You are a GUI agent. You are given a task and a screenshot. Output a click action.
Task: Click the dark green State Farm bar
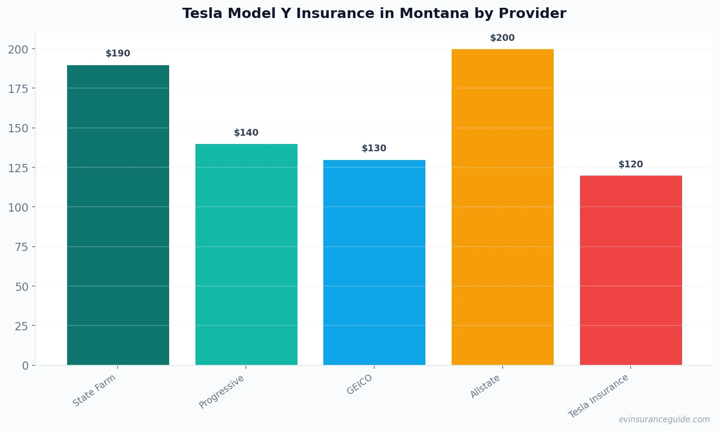click(x=118, y=215)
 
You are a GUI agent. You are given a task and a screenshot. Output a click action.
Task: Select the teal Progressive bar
click(x=246, y=254)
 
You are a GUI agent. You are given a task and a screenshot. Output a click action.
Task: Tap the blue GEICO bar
click(x=374, y=262)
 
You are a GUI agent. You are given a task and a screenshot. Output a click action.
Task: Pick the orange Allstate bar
click(x=502, y=207)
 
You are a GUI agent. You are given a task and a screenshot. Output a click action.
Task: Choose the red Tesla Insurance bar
click(x=631, y=270)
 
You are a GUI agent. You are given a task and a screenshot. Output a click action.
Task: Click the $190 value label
click(x=118, y=54)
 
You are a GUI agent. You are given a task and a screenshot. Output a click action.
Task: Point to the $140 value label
click(x=246, y=133)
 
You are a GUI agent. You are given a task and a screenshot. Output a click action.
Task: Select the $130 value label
click(x=374, y=148)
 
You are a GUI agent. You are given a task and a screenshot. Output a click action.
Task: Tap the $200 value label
click(x=502, y=38)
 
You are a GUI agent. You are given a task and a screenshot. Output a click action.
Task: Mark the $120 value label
click(x=631, y=164)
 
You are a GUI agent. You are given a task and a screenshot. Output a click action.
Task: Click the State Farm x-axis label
click(x=94, y=390)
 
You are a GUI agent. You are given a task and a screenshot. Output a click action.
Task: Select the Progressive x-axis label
click(x=222, y=392)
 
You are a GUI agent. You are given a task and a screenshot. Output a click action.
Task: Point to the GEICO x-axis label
click(x=360, y=384)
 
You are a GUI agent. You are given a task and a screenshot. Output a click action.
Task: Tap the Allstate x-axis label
click(x=485, y=387)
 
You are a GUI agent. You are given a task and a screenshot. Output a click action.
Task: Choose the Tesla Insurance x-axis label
click(x=598, y=396)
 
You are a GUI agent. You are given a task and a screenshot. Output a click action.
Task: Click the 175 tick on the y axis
click(x=18, y=89)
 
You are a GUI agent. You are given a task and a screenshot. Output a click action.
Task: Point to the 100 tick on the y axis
click(x=18, y=207)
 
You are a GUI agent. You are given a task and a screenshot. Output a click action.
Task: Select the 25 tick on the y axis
click(x=21, y=326)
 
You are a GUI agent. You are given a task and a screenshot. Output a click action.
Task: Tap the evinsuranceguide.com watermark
click(x=664, y=419)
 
